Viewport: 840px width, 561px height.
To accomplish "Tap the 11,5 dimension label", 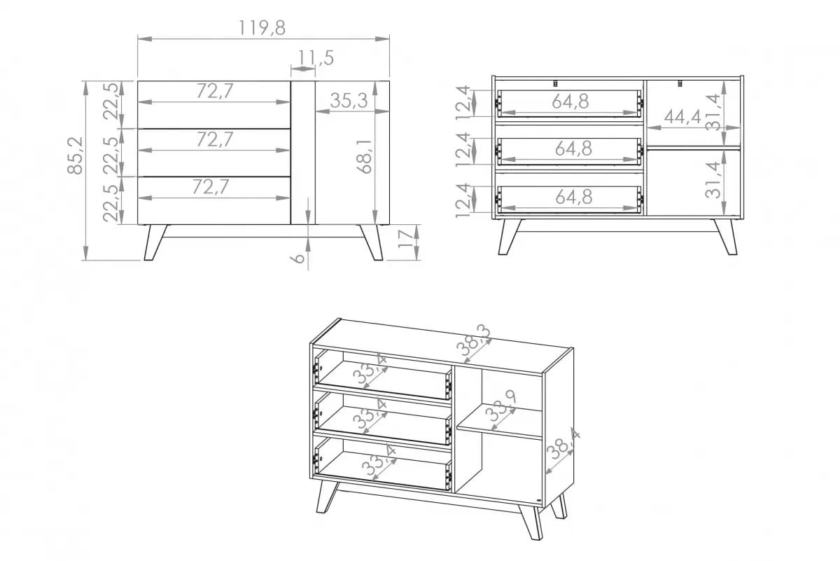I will pyautogui.click(x=315, y=58).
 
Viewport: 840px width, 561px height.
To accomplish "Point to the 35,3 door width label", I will pyautogui.click(x=349, y=101).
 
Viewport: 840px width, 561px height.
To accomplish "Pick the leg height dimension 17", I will pyautogui.click(x=405, y=242).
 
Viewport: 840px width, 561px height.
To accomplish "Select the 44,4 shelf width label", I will pyautogui.click(x=682, y=117).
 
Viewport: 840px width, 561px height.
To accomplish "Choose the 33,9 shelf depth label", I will pyautogui.click(x=502, y=410).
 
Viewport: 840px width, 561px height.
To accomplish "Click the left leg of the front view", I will pyautogui.click(x=155, y=242).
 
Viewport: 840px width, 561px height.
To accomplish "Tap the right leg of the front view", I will pyautogui.click(x=372, y=242).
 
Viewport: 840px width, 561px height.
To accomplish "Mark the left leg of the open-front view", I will pyautogui.click(x=509, y=237).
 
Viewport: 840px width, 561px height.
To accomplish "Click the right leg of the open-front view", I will pyautogui.click(x=726, y=237).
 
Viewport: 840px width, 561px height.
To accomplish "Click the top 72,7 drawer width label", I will pyautogui.click(x=214, y=91).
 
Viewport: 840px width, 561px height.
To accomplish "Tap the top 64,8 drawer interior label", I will pyautogui.click(x=570, y=102).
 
